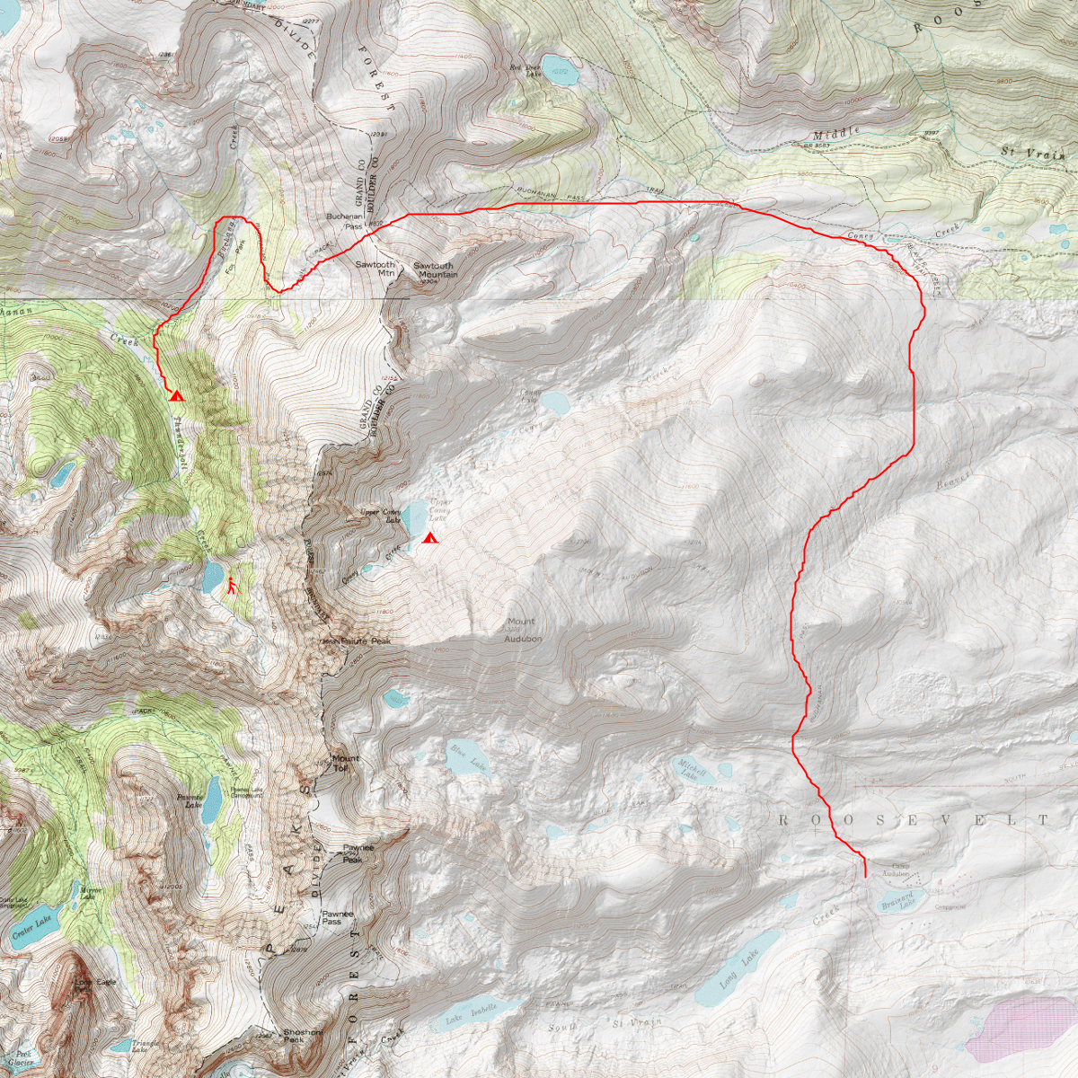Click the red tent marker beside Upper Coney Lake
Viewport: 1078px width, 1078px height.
(x=430, y=539)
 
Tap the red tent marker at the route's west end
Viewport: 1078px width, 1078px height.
(x=176, y=394)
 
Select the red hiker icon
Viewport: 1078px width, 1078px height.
(x=233, y=586)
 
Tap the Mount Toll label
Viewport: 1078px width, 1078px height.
(x=344, y=764)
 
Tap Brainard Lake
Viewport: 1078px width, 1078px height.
(x=896, y=902)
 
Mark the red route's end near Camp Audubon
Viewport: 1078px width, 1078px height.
(x=864, y=876)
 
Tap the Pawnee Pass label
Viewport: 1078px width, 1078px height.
(x=338, y=917)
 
